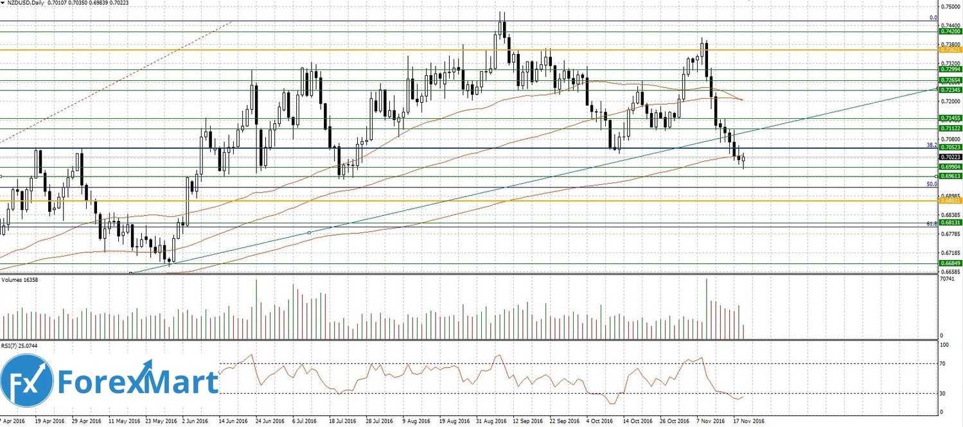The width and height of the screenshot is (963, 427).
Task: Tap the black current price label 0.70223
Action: (950, 157)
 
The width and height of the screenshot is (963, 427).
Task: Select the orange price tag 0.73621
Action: (950, 49)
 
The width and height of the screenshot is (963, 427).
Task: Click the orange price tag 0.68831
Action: (950, 201)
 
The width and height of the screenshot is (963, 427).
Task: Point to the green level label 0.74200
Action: (950, 31)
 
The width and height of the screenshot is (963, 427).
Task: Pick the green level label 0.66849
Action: (950, 263)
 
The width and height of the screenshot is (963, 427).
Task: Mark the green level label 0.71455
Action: (950, 118)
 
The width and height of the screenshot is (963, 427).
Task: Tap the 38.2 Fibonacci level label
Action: (931, 145)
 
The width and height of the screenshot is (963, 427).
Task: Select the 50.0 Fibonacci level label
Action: (931, 184)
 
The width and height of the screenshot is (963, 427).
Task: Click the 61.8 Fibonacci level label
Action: (931, 223)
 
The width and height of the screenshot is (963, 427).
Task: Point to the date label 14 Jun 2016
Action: (234, 422)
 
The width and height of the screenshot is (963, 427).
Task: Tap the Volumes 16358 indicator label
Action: (19, 281)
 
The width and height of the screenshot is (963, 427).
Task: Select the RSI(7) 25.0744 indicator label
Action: (21, 345)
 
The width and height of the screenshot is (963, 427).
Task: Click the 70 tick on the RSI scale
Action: (943, 363)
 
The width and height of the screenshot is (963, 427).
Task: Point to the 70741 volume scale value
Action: (946, 279)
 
